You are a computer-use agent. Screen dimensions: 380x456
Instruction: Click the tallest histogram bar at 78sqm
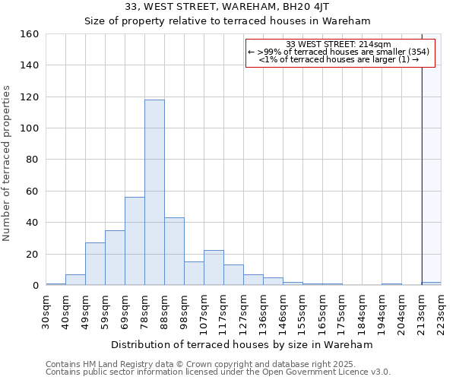(x=154, y=192)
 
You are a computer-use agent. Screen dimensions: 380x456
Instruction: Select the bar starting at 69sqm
(x=135, y=241)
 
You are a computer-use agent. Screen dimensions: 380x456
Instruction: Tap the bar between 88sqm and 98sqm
(x=174, y=251)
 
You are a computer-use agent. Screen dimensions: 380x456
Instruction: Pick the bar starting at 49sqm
(x=95, y=264)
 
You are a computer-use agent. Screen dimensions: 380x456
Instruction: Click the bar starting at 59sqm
(x=115, y=258)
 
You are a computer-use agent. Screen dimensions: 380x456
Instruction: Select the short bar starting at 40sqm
(x=75, y=280)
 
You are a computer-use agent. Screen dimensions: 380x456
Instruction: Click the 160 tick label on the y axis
(x=30, y=34)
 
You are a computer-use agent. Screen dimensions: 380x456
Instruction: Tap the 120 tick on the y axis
(x=30, y=97)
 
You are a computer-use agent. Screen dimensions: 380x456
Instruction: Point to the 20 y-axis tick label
(x=33, y=254)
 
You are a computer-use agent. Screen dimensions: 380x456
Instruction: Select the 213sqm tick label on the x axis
(x=422, y=312)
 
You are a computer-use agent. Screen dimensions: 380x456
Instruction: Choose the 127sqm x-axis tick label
(x=244, y=312)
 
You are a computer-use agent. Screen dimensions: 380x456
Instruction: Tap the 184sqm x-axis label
(x=363, y=312)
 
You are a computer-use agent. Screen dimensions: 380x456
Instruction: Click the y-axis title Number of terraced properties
(x=8, y=163)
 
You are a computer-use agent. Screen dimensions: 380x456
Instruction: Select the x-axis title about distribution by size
(x=242, y=344)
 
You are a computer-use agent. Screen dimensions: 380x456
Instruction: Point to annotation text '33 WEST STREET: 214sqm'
(x=339, y=44)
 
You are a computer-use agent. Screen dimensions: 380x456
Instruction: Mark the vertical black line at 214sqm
(x=422, y=167)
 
